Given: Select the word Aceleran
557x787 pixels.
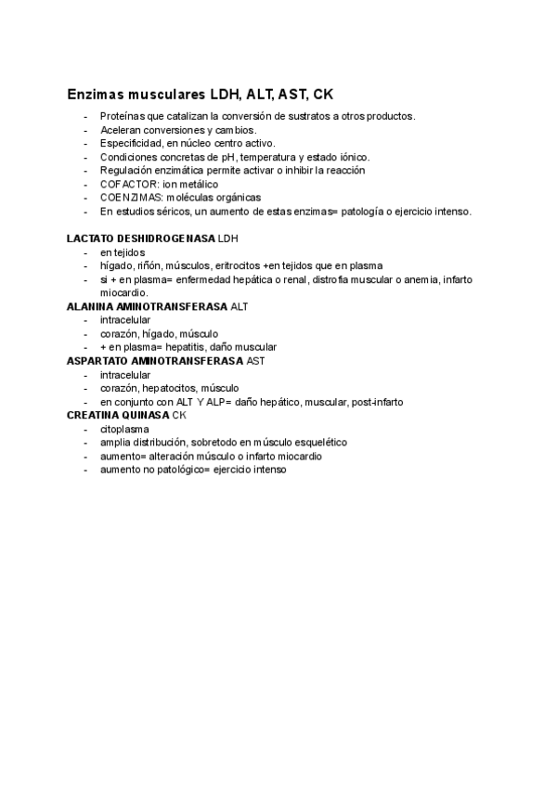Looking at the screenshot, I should click(121, 130).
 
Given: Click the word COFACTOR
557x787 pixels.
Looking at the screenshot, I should click(129, 185).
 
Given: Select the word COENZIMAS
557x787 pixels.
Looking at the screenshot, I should click(131, 198).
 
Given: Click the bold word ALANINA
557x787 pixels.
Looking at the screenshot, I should click(88, 306).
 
